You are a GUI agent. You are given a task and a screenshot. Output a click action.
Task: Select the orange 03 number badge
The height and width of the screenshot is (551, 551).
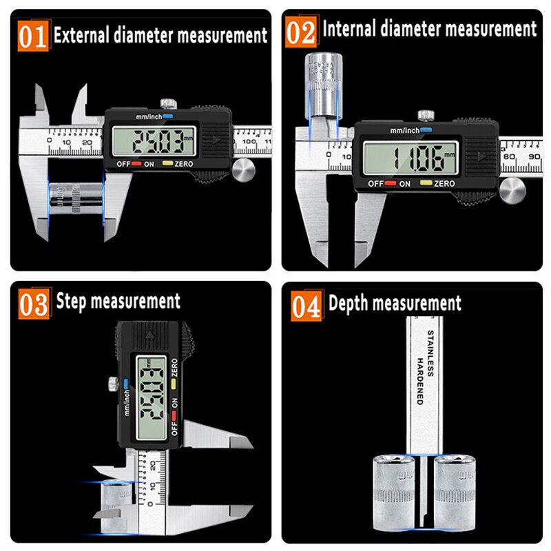coord(34,304)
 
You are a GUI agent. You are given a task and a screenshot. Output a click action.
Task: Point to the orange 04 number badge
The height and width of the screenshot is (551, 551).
coord(306,305)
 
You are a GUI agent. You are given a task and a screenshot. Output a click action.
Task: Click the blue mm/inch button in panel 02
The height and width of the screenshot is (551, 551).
coord(426,129)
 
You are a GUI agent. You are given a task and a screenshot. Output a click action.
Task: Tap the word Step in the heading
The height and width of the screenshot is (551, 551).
coord(70,302)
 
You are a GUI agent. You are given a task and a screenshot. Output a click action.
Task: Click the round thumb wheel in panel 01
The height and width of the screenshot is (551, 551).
coord(242,170)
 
